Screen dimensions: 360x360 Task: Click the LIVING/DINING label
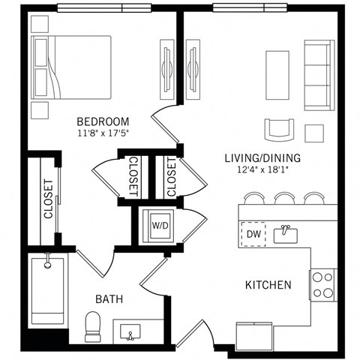[x=262, y=157]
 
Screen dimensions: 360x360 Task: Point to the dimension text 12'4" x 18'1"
[x=262, y=169]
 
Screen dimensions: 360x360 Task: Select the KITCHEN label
[x=268, y=285]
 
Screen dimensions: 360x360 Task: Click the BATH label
[x=109, y=299]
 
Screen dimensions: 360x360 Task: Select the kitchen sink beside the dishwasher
[x=285, y=235]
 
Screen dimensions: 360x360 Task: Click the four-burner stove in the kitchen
[x=323, y=285]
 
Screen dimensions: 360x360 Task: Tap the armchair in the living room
[x=279, y=129]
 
